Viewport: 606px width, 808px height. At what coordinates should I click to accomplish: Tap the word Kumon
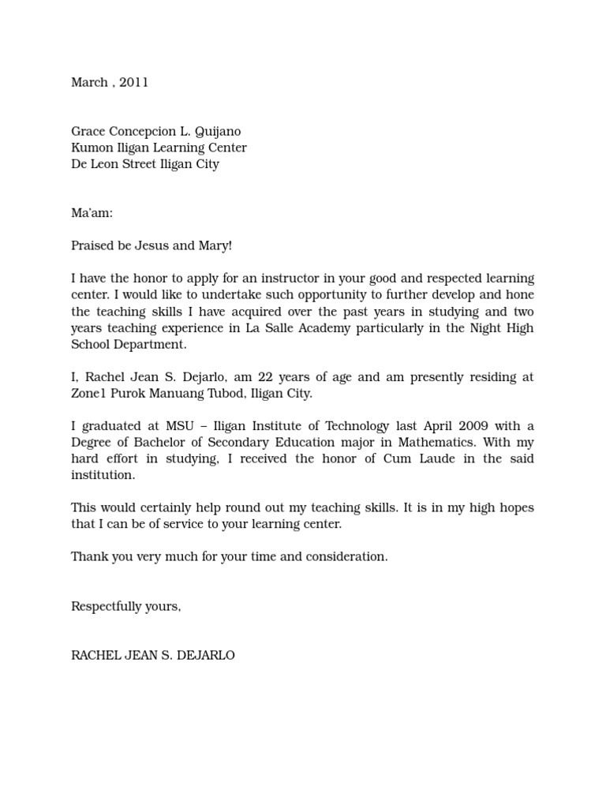tap(90, 148)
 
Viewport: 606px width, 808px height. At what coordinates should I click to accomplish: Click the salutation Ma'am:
tap(92, 213)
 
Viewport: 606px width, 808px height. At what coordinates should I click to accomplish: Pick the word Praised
tap(92, 246)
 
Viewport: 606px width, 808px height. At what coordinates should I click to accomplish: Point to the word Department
tap(150, 345)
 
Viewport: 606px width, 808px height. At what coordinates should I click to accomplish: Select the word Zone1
tap(88, 394)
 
